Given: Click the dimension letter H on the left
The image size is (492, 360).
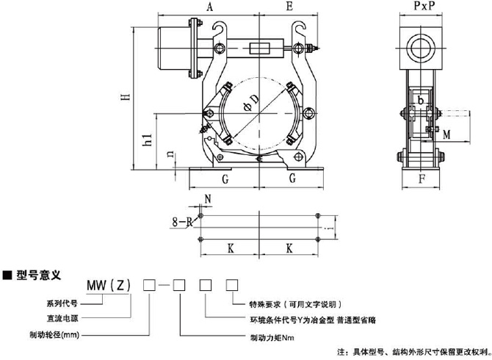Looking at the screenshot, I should pyautogui.click(x=126, y=95).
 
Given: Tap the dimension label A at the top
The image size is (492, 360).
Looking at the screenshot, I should pyautogui.click(x=209, y=8).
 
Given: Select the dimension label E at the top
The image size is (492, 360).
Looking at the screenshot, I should pyautogui.click(x=289, y=8).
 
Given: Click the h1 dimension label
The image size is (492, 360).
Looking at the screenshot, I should pyautogui.click(x=146, y=142).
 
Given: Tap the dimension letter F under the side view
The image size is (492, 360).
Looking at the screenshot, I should pyautogui.click(x=422, y=178).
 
